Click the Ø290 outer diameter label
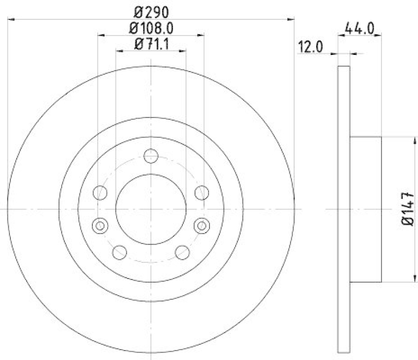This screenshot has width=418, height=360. [150, 11]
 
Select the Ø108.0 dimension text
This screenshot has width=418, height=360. [150, 28]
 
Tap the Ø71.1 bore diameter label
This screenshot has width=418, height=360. [150, 44]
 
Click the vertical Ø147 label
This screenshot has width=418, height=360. [409, 209]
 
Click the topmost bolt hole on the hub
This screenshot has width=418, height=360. [150, 155]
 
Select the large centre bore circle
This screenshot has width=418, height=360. [150, 209]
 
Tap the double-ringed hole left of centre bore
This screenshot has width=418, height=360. [99, 226]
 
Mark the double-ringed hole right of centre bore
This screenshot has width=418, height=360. [202, 226]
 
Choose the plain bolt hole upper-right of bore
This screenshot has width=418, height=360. [202, 193]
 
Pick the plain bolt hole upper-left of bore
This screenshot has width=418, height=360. [99, 193]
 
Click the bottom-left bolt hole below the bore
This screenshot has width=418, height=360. [120, 252]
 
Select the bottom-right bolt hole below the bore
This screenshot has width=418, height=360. [181, 252]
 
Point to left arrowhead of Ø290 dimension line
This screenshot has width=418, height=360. [11, 19]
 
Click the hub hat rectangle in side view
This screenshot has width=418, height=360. [365, 209]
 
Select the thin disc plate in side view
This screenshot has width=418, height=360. [343, 209]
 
